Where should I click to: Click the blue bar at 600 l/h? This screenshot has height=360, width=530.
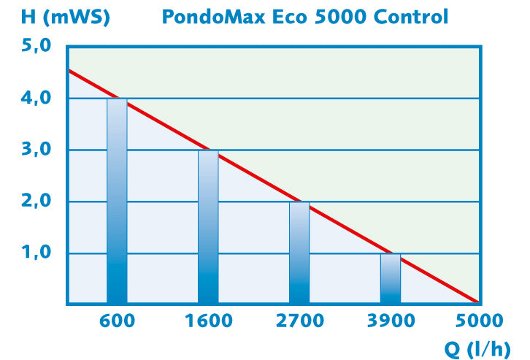117,201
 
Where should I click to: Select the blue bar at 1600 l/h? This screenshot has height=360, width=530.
208,226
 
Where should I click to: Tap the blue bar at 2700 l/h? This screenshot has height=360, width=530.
299,252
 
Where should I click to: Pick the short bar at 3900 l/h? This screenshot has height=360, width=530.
391,278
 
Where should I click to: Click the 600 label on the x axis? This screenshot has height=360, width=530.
117,321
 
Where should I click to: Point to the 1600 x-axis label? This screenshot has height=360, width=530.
208,321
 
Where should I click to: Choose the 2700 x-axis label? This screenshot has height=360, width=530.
299,321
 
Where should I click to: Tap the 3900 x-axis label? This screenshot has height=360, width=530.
391,321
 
